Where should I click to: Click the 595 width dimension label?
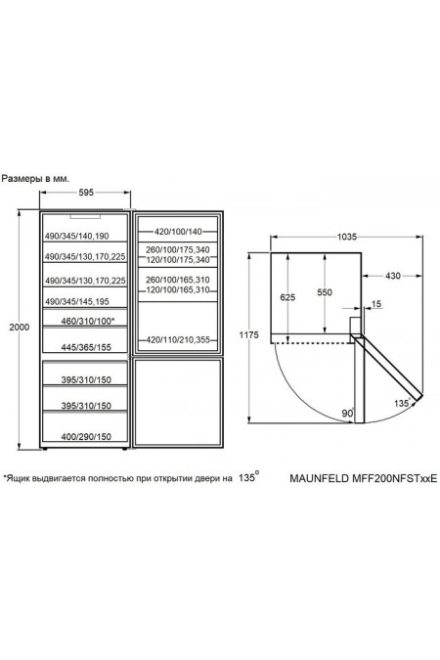pos(86,193)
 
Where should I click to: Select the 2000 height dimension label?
pos(20,327)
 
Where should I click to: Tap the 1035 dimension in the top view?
pos(347,237)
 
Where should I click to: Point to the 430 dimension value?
pos(393,276)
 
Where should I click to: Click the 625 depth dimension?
pos(287,297)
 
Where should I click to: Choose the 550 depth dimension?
pos(325,292)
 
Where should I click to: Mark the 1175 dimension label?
pos(248,335)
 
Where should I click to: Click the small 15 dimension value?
pos(376,303)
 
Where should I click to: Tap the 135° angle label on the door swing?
pos(402,403)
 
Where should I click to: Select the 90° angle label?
pos(348,413)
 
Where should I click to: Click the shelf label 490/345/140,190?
pos(77,237)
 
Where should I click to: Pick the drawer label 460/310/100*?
pos(88,321)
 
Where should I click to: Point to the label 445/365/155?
pos(86,347)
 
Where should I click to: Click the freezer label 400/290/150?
pos(86,436)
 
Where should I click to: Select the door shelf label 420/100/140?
pos(178,231)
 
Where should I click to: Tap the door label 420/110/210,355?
pos(178,339)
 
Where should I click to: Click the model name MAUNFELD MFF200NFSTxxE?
pos(364,478)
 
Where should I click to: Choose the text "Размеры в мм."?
pos(36,179)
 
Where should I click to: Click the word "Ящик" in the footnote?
pos(18,478)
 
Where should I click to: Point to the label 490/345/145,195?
pos(77,301)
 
